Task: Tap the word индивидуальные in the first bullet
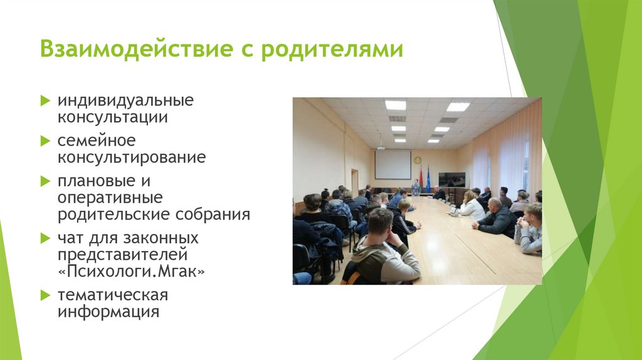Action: (x=126, y=100)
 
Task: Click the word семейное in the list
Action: (x=97, y=140)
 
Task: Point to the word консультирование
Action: (x=132, y=157)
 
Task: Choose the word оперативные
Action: (x=110, y=198)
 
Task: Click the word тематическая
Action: (x=113, y=295)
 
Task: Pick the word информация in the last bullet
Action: (x=108, y=311)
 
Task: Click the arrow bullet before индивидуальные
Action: (x=45, y=100)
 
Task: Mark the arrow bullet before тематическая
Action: (x=45, y=294)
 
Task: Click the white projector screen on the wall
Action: (x=392, y=164)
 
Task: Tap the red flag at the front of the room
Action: (x=421, y=177)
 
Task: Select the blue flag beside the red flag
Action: (x=428, y=177)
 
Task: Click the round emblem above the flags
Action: (x=418, y=160)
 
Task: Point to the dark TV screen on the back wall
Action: (x=451, y=179)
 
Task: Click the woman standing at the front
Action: (x=415, y=187)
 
